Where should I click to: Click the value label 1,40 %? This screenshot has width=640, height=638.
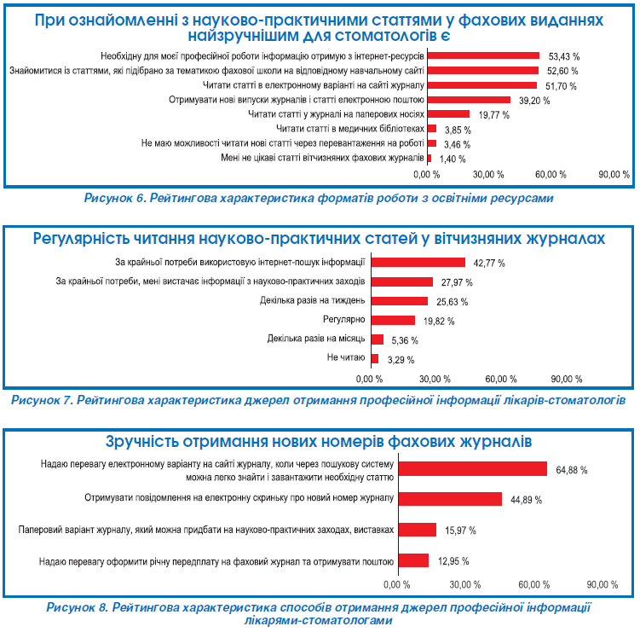pos(453,159)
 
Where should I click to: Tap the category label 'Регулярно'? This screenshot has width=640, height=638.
pos(345,320)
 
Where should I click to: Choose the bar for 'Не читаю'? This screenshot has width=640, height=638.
pos(373,358)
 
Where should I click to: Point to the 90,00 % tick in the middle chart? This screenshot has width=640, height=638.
pos(567,379)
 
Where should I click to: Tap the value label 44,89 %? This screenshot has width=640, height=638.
pos(528,499)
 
